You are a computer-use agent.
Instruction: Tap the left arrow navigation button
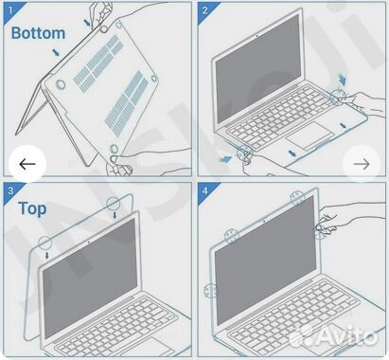(27, 164)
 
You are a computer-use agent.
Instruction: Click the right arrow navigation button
(361, 164)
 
